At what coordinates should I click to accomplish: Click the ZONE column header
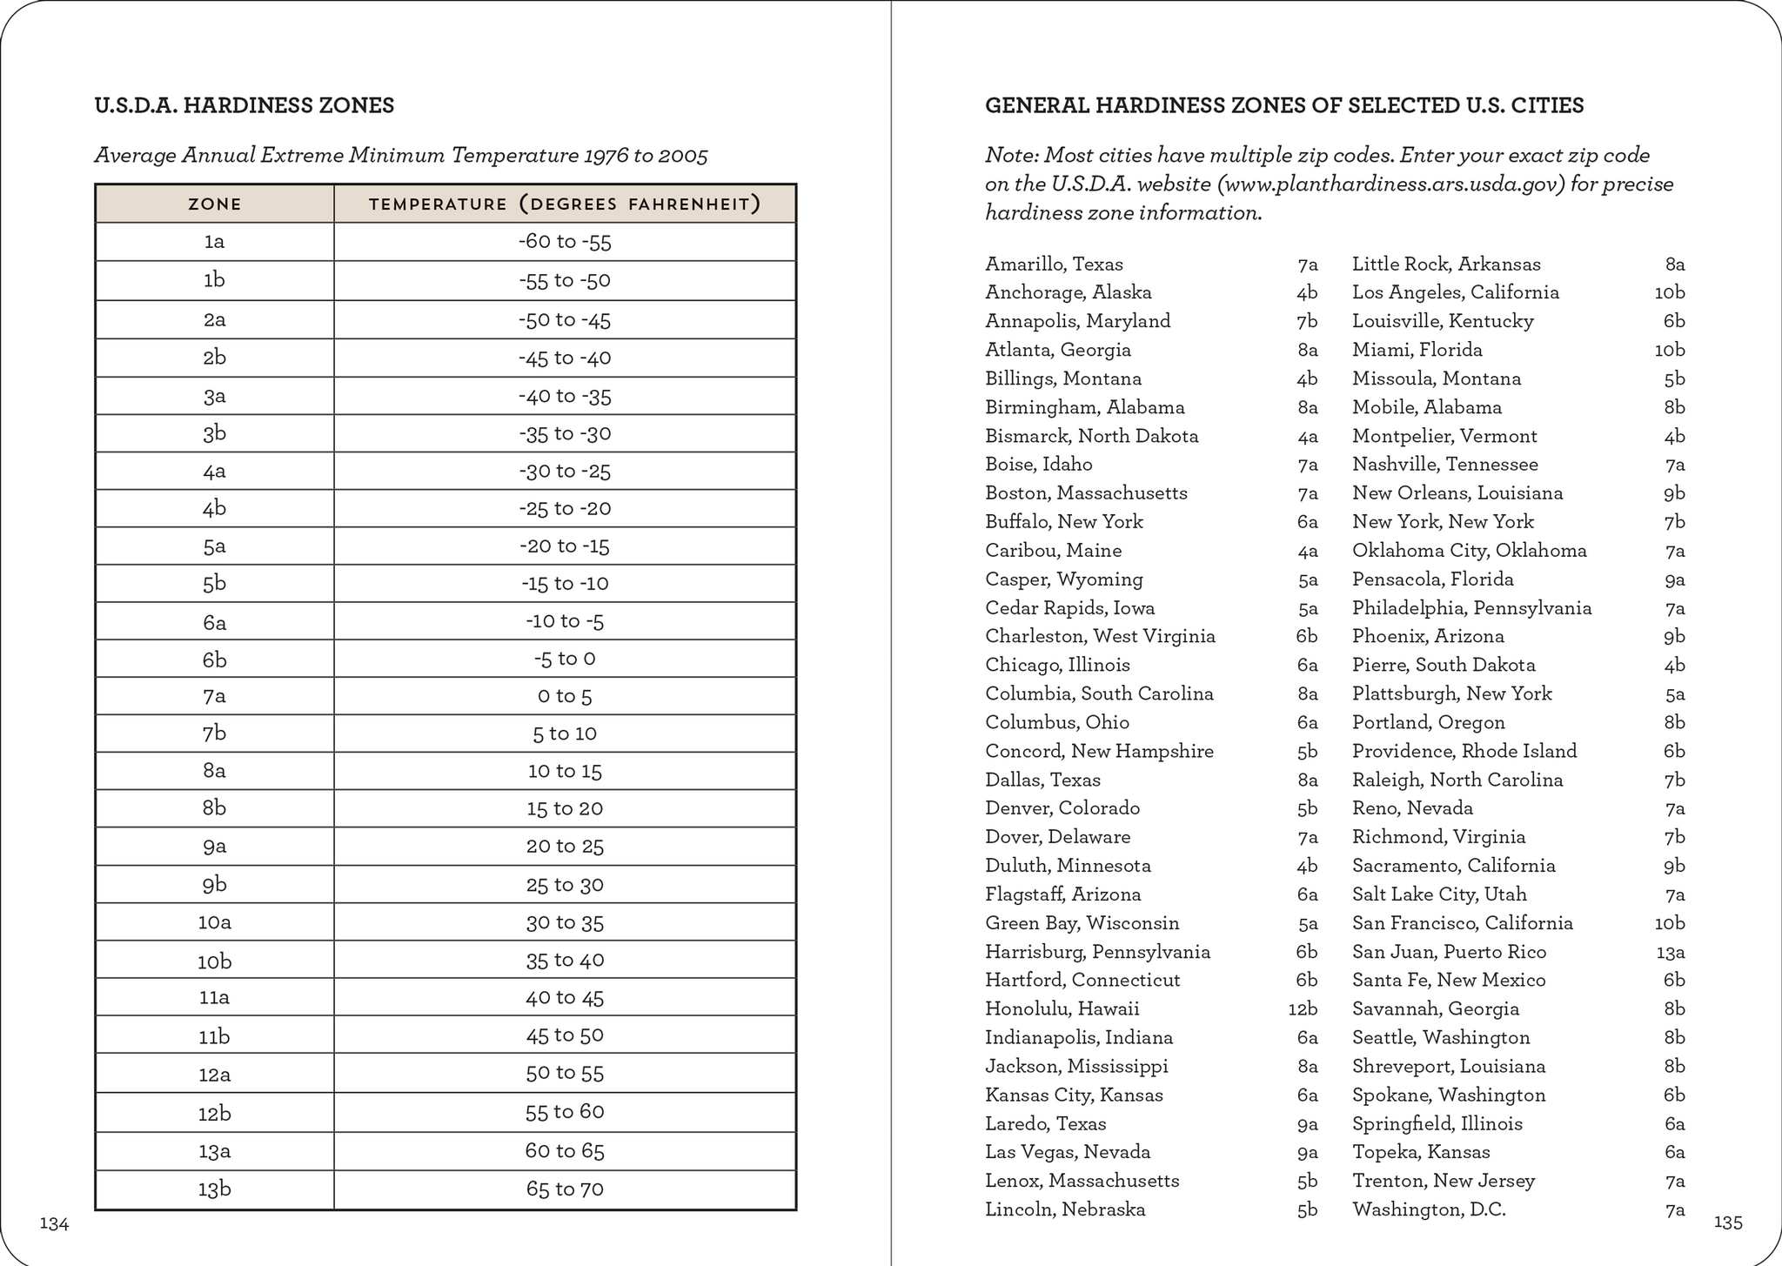click(x=214, y=204)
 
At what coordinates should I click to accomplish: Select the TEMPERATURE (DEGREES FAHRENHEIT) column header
click(x=565, y=204)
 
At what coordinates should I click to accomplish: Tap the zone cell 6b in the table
click(x=214, y=660)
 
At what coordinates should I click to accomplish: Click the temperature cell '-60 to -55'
click(x=565, y=242)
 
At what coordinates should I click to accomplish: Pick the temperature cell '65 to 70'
click(x=565, y=1189)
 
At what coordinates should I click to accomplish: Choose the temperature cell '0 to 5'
click(x=565, y=697)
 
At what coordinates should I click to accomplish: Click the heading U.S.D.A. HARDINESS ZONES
click(x=244, y=106)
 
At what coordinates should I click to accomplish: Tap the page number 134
click(x=54, y=1223)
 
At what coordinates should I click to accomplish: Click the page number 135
click(x=1727, y=1222)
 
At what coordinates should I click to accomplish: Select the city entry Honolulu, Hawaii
click(x=1062, y=1008)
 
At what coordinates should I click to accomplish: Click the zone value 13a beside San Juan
click(x=1670, y=952)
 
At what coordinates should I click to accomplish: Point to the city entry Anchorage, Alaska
click(x=1068, y=292)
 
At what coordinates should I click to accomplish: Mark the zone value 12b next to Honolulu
click(x=1303, y=1009)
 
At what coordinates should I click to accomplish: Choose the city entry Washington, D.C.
click(x=1429, y=1209)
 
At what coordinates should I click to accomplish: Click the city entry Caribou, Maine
click(x=1053, y=551)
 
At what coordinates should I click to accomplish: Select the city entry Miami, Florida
click(x=1417, y=350)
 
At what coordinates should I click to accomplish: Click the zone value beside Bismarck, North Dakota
click(x=1307, y=436)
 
